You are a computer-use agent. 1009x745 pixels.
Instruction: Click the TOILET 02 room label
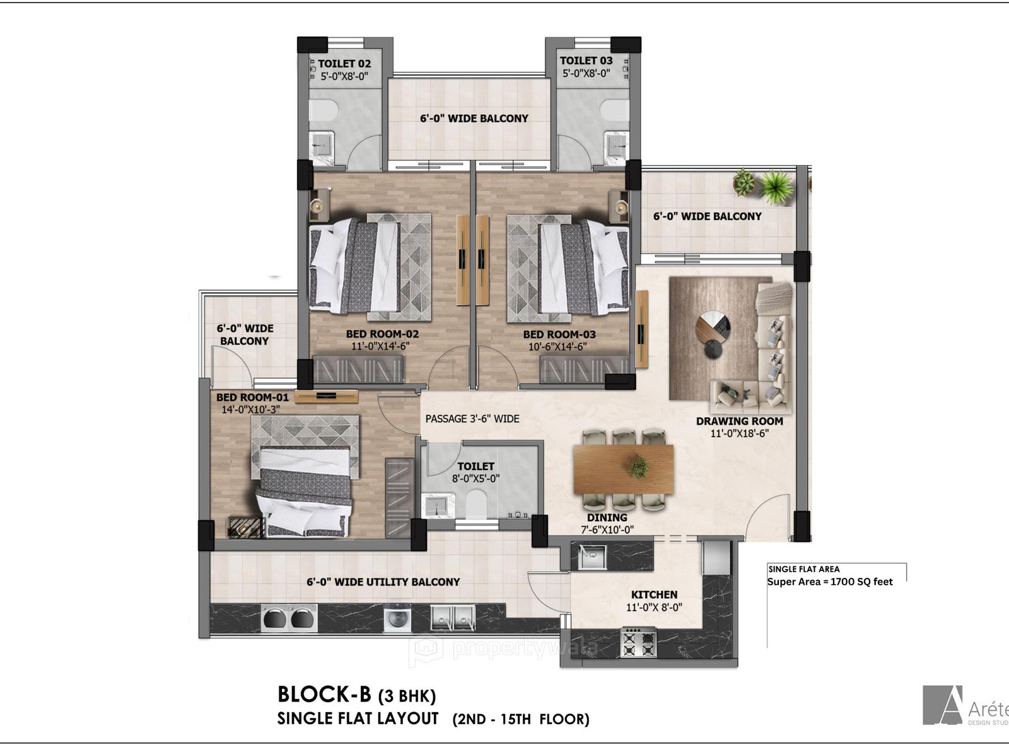344,64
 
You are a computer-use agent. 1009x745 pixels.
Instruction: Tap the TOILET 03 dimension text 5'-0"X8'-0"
586,73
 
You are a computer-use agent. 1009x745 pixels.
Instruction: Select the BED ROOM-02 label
382,334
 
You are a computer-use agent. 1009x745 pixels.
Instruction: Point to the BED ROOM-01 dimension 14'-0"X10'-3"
250,409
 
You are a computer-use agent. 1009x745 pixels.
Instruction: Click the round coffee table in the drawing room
713,326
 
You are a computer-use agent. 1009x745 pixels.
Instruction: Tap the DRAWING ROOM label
739,421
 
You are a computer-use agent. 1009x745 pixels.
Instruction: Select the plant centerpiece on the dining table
639,467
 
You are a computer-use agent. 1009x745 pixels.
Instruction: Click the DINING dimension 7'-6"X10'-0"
607,530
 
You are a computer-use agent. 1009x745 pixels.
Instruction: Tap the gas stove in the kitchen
639,642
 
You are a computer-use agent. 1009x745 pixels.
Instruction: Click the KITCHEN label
654,594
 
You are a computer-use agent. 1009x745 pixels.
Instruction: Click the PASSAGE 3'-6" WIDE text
472,418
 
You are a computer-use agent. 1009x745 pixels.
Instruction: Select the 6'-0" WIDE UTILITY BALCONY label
383,582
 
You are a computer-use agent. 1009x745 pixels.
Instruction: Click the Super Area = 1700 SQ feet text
830,582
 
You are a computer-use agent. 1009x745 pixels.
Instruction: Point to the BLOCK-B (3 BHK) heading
356,695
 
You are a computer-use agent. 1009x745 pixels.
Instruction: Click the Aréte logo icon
942,705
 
